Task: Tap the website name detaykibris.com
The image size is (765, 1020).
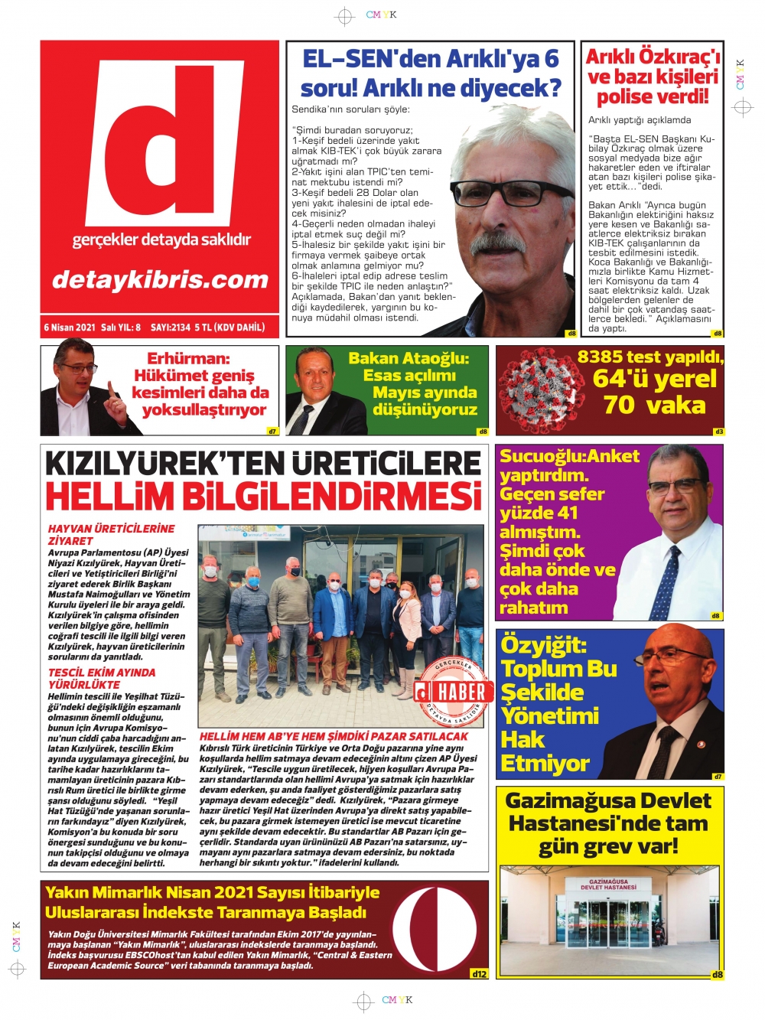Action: (x=160, y=279)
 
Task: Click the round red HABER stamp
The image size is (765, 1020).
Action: (x=453, y=691)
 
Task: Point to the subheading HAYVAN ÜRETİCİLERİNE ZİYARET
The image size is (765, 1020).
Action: (x=111, y=534)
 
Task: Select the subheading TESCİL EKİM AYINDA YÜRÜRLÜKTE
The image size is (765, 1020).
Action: (x=101, y=678)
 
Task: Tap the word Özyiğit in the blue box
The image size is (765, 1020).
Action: (x=543, y=645)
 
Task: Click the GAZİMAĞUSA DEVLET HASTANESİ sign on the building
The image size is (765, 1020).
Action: (x=608, y=885)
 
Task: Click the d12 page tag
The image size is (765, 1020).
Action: (x=479, y=974)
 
